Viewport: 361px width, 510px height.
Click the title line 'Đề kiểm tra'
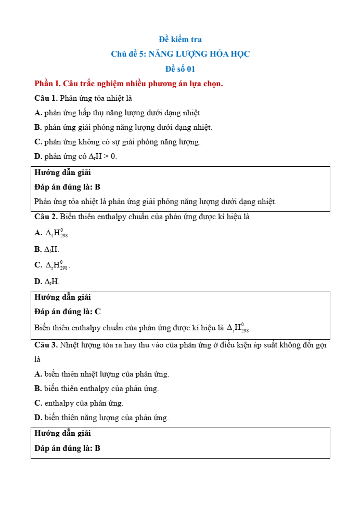[x=180, y=39]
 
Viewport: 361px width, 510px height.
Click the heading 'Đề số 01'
[x=180, y=69]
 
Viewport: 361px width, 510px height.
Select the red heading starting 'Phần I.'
[x=128, y=84]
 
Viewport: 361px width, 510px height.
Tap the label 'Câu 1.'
[x=46, y=98]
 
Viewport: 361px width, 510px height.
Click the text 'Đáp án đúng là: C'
[x=67, y=312]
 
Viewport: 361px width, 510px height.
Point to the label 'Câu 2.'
[x=46, y=216]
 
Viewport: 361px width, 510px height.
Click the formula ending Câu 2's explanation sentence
[x=239, y=328]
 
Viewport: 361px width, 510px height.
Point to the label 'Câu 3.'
[x=46, y=345]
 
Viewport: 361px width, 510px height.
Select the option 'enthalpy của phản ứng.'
[x=84, y=403]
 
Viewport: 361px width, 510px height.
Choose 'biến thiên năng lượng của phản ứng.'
[x=106, y=418]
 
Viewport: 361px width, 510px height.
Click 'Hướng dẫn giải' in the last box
[x=62, y=433]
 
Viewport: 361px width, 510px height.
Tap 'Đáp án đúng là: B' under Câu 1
[x=67, y=187]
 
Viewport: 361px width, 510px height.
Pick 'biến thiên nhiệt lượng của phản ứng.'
[x=106, y=374]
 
